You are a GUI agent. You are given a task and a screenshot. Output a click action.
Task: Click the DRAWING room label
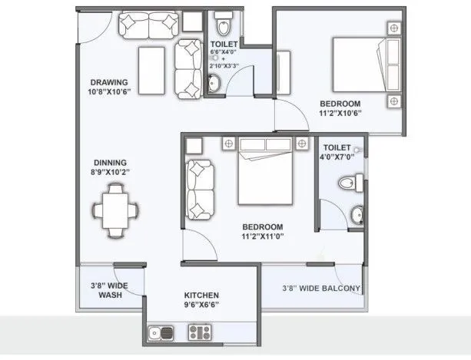pos(108,83)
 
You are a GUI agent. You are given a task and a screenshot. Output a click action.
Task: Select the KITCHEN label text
pos(202,295)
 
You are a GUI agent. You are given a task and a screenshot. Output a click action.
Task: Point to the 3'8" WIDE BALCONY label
pos(321,289)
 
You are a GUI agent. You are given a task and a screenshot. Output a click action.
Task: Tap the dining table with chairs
pos(116,208)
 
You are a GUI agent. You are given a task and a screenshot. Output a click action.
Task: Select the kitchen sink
pos(162,333)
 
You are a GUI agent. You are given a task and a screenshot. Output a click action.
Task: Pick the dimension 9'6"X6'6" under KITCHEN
pos(202,306)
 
